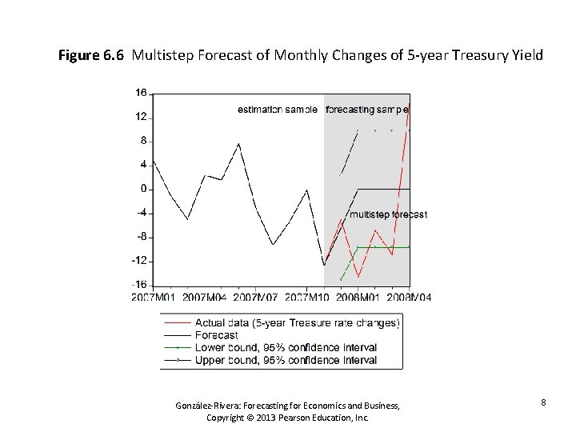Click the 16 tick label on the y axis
pyautogui.click(x=140, y=94)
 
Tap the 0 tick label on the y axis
pyautogui.click(x=142, y=189)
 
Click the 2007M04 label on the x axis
pyautogui.click(x=204, y=298)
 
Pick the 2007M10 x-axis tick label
pyautogui.click(x=307, y=298)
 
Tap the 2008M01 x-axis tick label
pyautogui.click(x=358, y=298)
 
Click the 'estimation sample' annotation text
pyautogui.click(x=278, y=109)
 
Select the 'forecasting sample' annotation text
pyautogui.click(x=367, y=109)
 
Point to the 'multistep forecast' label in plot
pyautogui.click(x=388, y=214)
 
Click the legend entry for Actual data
pyautogui.click(x=297, y=323)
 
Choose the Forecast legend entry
pyautogui.click(x=216, y=335)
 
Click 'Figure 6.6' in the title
pyautogui.click(x=92, y=56)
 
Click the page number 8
pyautogui.click(x=543, y=402)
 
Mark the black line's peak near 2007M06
pyautogui.click(x=239, y=144)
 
